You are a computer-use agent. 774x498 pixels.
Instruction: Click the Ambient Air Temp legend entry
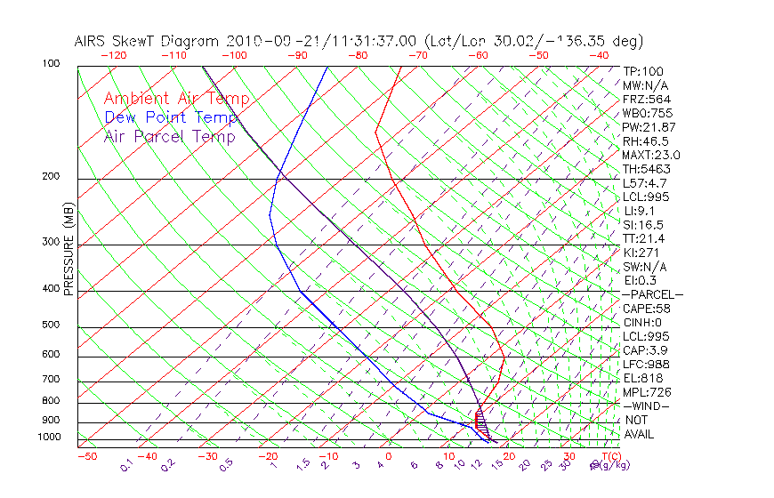(x=176, y=99)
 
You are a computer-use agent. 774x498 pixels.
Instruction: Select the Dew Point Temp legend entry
(x=170, y=117)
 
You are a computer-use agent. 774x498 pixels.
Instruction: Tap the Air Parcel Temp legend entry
(x=169, y=136)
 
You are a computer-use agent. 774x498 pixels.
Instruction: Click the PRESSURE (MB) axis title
(x=69, y=249)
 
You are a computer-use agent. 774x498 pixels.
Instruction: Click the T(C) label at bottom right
(x=612, y=457)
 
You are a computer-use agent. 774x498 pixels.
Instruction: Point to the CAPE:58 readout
(x=646, y=309)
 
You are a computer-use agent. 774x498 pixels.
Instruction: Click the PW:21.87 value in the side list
(x=649, y=127)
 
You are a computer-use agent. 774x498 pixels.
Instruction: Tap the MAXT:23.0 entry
(x=652, y=155)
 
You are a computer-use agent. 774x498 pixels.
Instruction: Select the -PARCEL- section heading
(x=652, y=294)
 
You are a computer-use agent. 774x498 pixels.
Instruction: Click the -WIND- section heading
(x=646, y=406)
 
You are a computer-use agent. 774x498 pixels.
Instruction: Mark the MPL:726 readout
(x=646, y=392)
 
